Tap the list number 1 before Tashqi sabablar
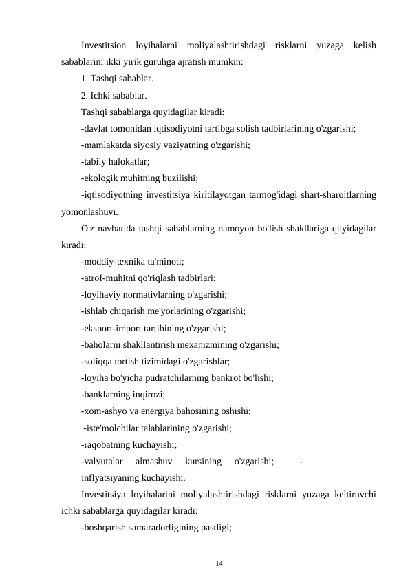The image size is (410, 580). tap(83, 79)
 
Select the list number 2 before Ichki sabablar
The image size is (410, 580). tap(83, 95)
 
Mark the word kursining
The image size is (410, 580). tap(204, 459)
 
